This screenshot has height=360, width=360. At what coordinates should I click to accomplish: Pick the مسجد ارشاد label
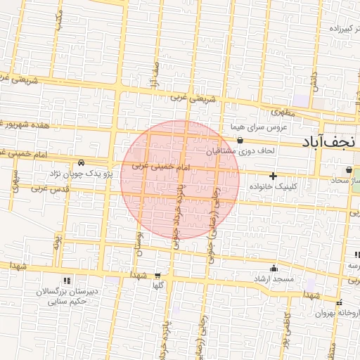[x=274, y=280]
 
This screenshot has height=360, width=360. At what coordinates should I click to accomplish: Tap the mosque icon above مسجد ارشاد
[x=274, y=269]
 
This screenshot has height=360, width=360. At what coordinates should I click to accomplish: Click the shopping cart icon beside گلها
[x=157, y=276]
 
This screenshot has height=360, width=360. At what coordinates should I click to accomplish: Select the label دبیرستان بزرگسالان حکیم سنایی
[x=67, y=296]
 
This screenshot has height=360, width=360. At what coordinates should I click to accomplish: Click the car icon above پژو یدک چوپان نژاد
[x=82, y=162]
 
